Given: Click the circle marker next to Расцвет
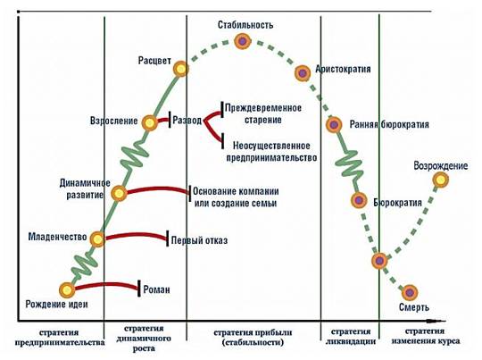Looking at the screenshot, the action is tap(180, 69).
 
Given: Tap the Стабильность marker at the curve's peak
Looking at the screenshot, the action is tap(243, 41).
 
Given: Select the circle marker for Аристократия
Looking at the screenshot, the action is tap(303, 73).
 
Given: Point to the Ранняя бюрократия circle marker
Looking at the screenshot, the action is tap(334, 125).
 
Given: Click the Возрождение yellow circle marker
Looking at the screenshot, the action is tap(441, 180).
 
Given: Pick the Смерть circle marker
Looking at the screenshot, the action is tap(410, 292).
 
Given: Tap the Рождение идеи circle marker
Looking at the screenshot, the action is tap(67, 289).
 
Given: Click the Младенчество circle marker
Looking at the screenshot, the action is tap(97, 239).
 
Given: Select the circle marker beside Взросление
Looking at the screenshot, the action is tap(149, 122).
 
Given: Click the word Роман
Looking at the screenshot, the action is tap(157, 289).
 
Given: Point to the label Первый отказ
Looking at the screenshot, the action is tap(200, 240).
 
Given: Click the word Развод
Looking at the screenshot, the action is tap(187, 120).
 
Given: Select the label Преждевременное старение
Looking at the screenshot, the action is tap(263, 113).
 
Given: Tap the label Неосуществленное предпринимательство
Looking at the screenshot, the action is tap(271, 151).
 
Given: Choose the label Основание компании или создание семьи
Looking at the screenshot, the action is tap(236, 197).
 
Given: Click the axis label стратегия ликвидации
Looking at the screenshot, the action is tap(351, 336).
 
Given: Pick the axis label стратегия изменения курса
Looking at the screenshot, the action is tap(426, 336).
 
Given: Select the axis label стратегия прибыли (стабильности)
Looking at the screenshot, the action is tap(253, 338).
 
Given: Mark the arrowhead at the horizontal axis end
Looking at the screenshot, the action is tap(436, 322).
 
